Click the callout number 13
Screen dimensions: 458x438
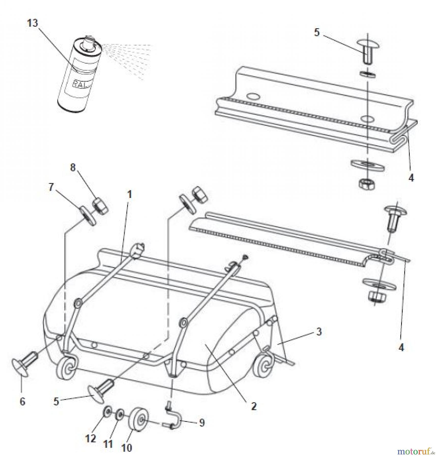tap(33, 23)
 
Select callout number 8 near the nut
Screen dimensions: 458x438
tap(73, 167)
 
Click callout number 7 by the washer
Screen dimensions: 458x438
tap(51, 188)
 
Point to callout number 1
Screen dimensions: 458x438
tap(129, 195)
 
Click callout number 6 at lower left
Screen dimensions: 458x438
tap(22, 402)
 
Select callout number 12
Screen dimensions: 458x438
tap(91, 438)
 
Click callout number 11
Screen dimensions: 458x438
tap(108, 444)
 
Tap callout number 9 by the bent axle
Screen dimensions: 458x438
tap(202, 423)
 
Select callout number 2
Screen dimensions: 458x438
tap(254, 406)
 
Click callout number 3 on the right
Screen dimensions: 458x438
tap(319, 332)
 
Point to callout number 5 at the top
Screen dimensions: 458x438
tap(317, 33)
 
